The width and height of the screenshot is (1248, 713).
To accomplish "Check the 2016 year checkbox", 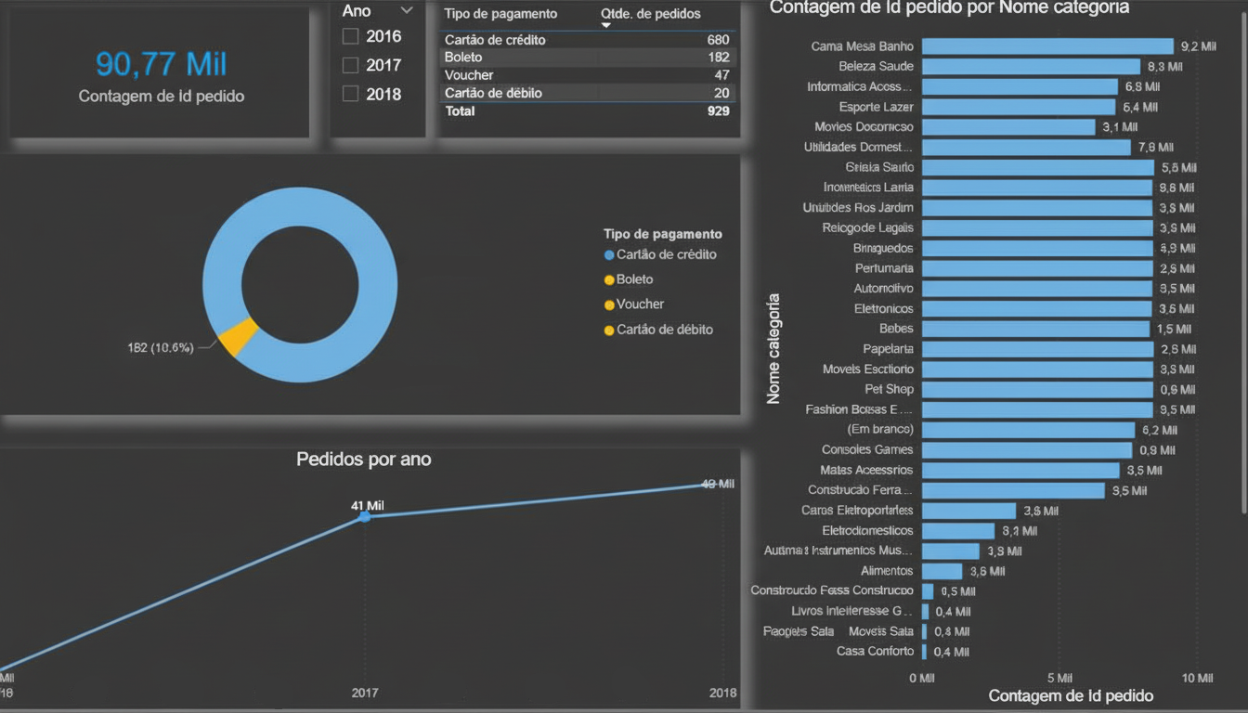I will point(351,36).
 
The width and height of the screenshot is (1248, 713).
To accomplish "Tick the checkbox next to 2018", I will point(351,94).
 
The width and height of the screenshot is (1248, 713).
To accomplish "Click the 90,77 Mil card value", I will point(162,64).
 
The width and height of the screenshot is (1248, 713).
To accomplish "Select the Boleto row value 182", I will point(718,58).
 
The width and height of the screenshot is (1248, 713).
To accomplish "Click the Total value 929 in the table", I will point(717,111).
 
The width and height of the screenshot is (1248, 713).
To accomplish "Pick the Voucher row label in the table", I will point(469,75).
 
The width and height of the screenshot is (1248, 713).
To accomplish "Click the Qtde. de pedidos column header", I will point(651,14).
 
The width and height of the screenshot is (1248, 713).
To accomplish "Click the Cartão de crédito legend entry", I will point(666,254).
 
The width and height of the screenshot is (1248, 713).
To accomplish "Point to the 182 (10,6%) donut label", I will point(161,348).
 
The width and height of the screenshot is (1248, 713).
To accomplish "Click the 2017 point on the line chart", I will point(365,516).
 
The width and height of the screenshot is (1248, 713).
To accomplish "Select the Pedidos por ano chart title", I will point(363,459).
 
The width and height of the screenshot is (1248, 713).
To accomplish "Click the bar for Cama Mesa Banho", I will point(1047,46).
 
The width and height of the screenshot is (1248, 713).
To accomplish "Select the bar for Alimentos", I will point(942,571).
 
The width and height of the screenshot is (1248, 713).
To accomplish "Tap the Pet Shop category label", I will point(889,390).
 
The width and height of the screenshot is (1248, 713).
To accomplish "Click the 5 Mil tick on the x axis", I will point(1059,679).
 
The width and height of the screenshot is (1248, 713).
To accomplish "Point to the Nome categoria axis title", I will point(773,349).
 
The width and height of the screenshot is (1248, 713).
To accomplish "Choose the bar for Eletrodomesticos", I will point(958,531).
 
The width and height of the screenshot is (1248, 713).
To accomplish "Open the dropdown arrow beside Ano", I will point(406,11).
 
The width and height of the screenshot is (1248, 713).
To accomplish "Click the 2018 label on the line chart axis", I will point(722,693).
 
